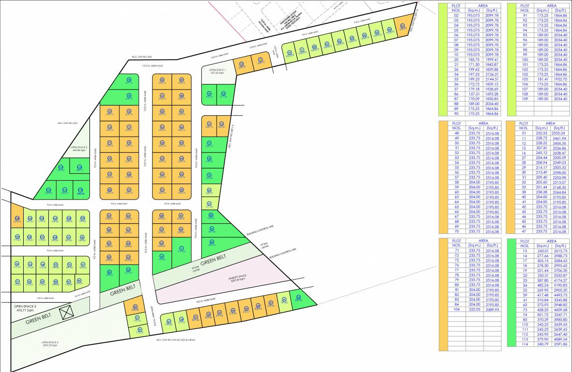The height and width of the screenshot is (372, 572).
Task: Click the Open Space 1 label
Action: [x=218, y=71]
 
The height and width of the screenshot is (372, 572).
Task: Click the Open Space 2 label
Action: [x=79, y=148]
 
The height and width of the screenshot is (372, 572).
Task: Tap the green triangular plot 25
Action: [x=298, y=299]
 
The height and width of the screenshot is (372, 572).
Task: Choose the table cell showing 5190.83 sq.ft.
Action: [x=560, y=286]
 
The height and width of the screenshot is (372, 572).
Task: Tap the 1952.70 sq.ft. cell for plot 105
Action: [x=560, y=79]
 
